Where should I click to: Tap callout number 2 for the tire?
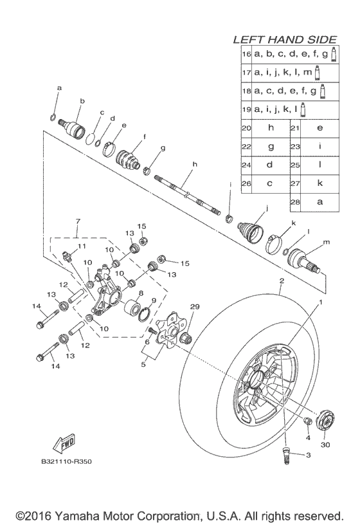[280, 281]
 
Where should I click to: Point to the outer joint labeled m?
[310, 259]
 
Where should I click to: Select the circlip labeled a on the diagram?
[54, 117]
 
